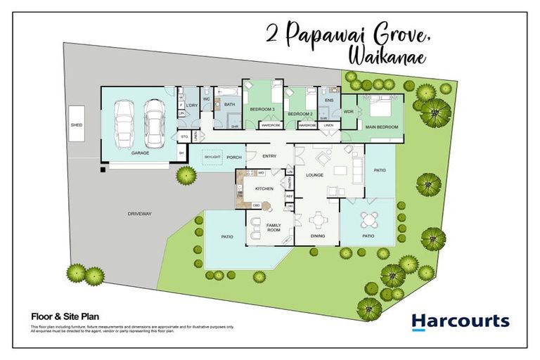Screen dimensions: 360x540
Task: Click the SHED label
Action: (77, 124)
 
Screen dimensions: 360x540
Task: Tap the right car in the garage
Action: (154, 121)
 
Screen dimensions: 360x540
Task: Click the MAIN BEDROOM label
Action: (382, 127)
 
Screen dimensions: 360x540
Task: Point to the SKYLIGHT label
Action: (213, 157)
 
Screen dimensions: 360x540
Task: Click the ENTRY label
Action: (269, 157)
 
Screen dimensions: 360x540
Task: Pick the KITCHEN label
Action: (264, 188)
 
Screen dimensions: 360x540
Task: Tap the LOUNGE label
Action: (314, 174)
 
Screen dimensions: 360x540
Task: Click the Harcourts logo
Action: (460, 322)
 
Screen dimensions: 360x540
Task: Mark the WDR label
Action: (349, 112)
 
